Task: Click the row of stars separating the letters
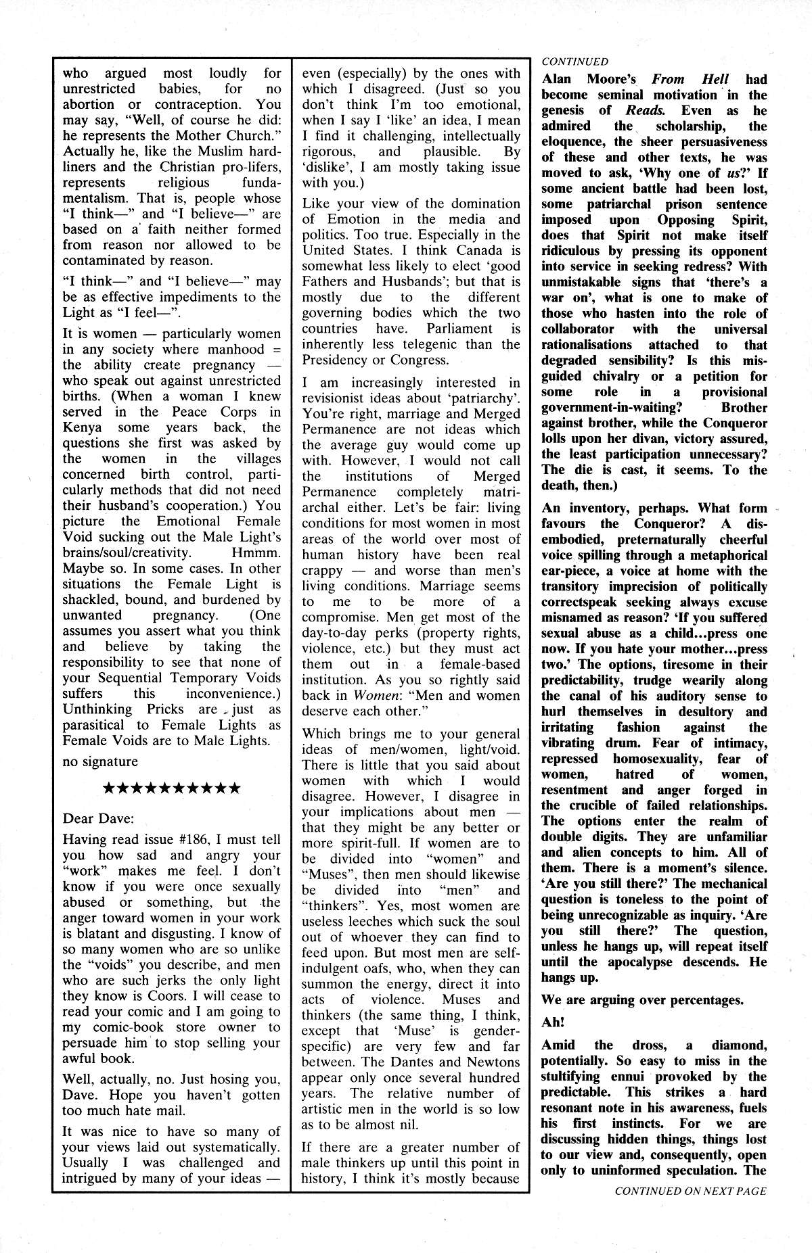click(x=171, y=788)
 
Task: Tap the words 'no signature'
click(x=100, y=761)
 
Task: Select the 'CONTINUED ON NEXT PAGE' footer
click(x=690, y=1210)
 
